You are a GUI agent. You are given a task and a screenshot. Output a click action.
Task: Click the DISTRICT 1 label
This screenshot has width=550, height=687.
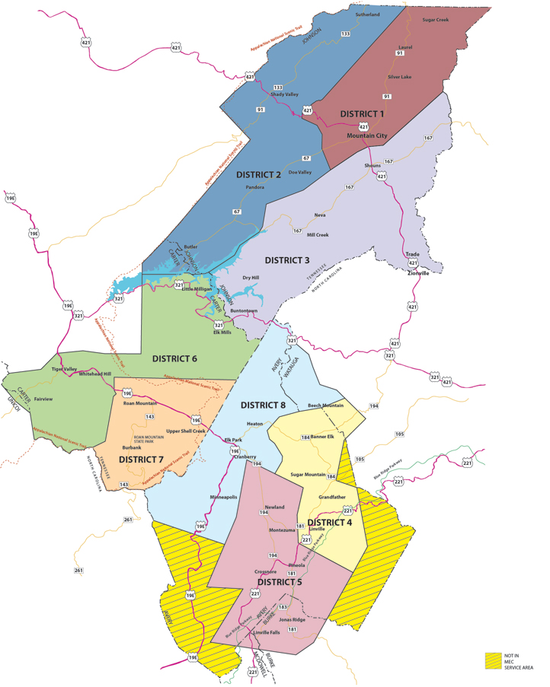[x=362, y=113]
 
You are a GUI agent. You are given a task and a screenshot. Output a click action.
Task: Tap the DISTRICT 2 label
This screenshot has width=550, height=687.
[x=258, y=174]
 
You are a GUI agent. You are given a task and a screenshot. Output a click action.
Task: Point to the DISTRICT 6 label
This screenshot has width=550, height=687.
[x=174, y=358]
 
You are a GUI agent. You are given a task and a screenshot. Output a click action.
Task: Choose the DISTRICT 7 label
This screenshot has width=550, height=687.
[x=141, y=460]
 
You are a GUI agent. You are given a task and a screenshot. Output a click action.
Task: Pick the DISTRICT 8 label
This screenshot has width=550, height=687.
[x=264, y=405]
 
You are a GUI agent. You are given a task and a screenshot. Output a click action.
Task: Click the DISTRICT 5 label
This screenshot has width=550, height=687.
[x=279, y=582]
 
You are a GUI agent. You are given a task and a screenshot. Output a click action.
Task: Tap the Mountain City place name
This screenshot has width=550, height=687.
[x=367, y=135]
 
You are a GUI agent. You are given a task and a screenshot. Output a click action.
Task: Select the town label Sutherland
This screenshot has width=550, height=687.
[x=367, y=14]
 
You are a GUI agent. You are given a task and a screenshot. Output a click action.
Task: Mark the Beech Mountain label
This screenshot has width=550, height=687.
[x=325, y=406]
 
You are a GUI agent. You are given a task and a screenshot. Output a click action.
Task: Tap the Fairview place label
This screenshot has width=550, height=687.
[x=43, y=398]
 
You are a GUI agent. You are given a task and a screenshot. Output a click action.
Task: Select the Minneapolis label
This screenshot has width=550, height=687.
[x=224, y=496]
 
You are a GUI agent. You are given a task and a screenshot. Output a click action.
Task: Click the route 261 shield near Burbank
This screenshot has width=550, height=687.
[x=128, y=520]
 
